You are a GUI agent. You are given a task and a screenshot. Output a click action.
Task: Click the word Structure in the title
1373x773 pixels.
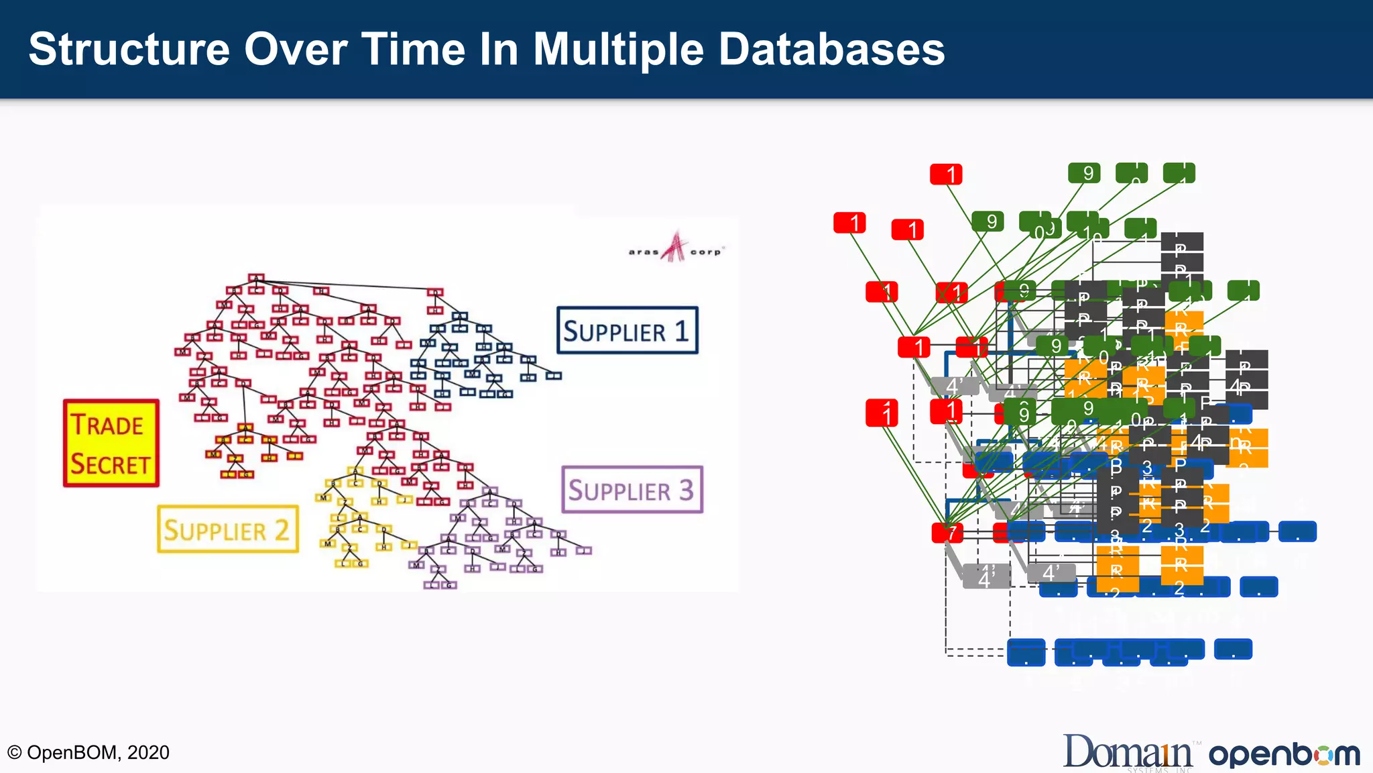129,49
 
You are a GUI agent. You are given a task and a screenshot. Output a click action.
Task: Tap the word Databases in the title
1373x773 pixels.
831,49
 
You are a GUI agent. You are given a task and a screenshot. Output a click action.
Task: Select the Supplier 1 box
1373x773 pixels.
627,330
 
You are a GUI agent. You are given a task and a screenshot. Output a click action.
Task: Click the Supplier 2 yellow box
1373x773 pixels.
227,529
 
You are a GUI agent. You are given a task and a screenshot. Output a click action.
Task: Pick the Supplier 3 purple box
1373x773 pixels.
632,490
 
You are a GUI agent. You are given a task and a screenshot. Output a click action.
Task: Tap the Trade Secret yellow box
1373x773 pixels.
111,444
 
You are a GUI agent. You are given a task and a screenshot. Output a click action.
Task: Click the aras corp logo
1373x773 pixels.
675,248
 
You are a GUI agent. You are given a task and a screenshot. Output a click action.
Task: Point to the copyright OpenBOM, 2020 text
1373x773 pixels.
88,752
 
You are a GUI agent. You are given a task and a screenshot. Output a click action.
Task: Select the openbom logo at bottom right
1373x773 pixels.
1284,754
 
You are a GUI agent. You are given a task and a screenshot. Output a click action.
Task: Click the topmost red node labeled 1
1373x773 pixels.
946,174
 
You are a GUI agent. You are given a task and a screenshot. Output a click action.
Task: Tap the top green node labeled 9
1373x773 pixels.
1084,173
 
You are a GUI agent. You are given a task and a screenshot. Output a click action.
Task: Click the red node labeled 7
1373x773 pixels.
947,533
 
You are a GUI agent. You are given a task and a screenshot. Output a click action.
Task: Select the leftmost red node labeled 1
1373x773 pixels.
849,223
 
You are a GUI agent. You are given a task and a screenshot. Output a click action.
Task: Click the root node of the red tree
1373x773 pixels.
255,278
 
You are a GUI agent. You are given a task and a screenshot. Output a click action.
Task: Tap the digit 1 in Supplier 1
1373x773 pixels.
681,330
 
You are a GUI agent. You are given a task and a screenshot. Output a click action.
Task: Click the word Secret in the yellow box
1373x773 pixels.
111,464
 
